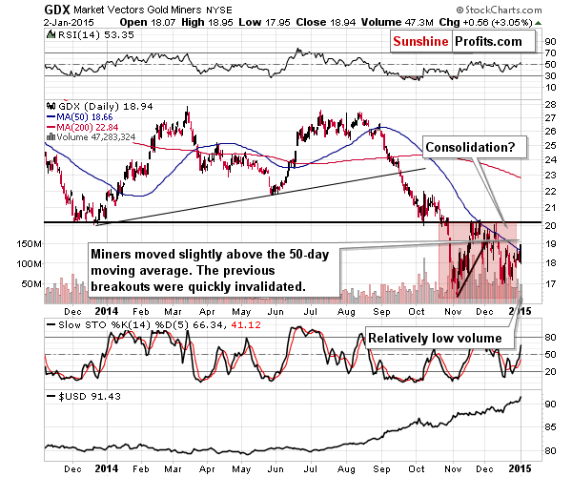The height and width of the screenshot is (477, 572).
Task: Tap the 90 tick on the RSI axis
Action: pyautogui.click(x=548, y=43)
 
